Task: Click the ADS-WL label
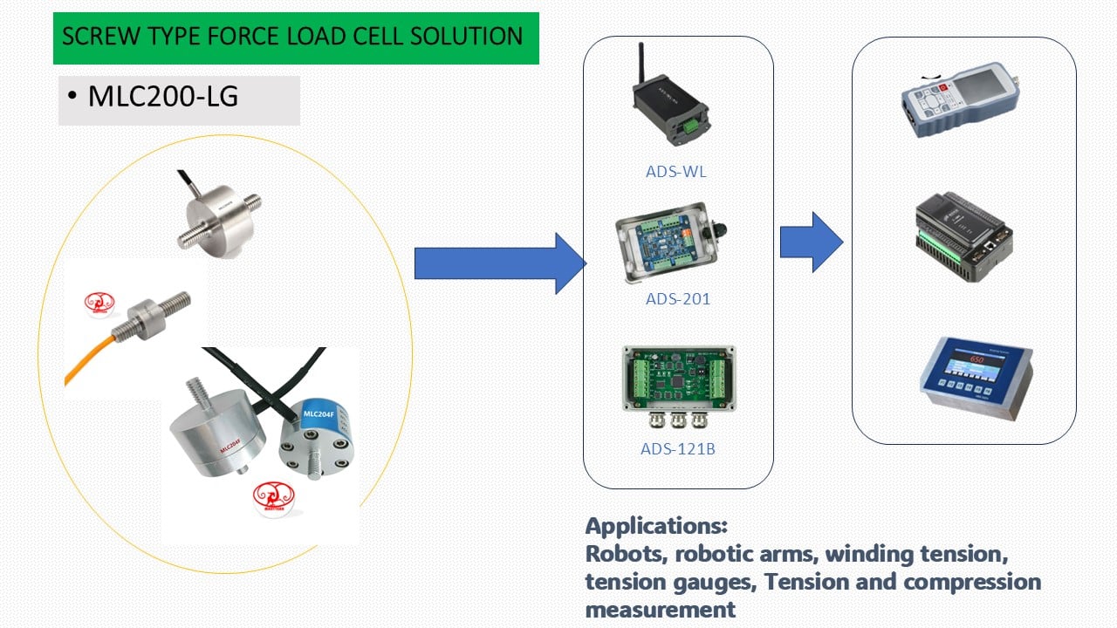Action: (675, 172)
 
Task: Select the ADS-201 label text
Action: (677, 299)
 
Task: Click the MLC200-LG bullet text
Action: (162, 97)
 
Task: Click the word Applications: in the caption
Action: (655, 526)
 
